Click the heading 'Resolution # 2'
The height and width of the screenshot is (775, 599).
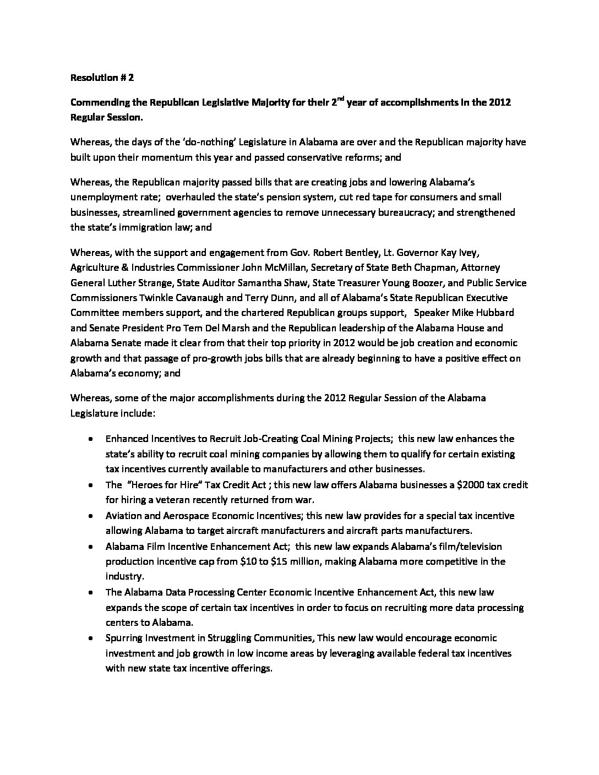tap(102, 78)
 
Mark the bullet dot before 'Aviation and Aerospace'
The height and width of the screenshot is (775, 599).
tap(90, 516)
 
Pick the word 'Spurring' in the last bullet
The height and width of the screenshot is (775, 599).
tap(123, 638)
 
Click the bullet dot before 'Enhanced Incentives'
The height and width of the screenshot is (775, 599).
tap(90, 439)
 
